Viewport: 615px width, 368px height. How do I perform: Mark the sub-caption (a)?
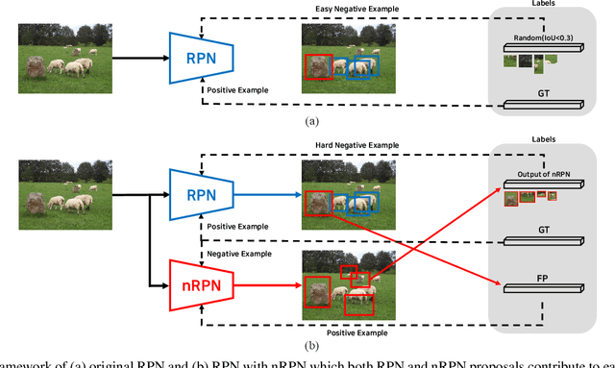tap(310, 122)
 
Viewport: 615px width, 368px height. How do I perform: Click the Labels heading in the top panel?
tap(544, 5)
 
